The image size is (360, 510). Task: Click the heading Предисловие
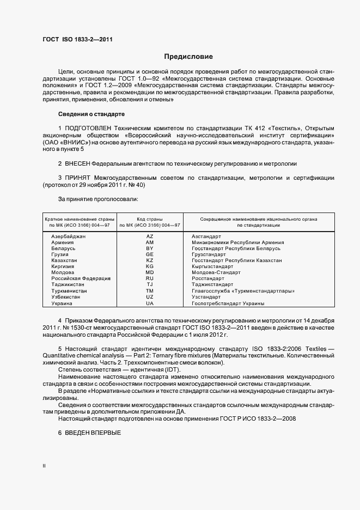[x=189, y=57]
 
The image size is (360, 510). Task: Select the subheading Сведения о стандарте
[x=91, y=114]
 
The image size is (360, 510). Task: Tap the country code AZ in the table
[x=150, y=236]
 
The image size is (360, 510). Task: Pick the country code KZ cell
[x=150, y=260]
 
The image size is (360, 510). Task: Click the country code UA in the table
[x=150, y=303]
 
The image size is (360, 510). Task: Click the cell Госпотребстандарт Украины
[x=228, y=303]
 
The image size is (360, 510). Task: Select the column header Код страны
[x=150, y=218]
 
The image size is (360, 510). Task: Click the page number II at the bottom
[x=44, y=466]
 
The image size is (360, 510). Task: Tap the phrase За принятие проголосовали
[x=94, y=199]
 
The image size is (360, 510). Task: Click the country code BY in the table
[x=150, y=248]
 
